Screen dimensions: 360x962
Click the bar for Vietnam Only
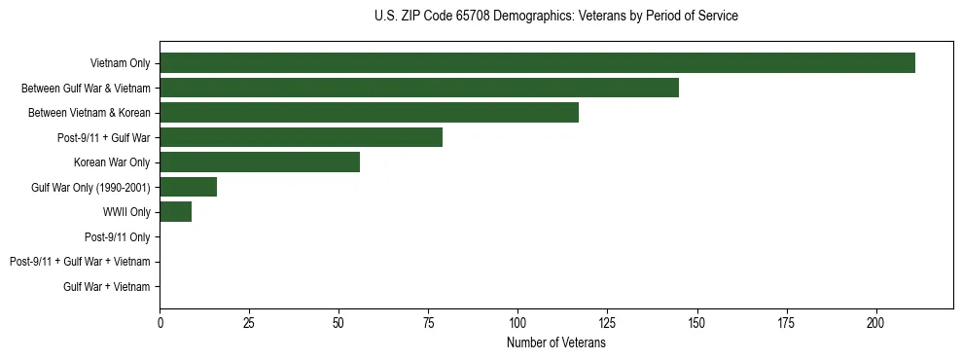tap(537, 63)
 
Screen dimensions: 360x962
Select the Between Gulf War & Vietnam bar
tap(419, 88)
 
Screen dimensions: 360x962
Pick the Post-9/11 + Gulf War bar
tap(301, 137)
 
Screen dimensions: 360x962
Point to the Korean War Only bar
tap(260, 162)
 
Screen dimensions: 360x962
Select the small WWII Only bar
tap(175, 212)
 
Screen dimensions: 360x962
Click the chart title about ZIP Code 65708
tap(555, 17)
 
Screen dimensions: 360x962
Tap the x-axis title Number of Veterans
tap(555, 343)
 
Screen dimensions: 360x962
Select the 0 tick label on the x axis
tap(160, 322)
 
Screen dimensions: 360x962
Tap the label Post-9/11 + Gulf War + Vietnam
tap(80, 262)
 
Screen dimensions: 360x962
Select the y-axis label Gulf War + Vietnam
tap(106, 286)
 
